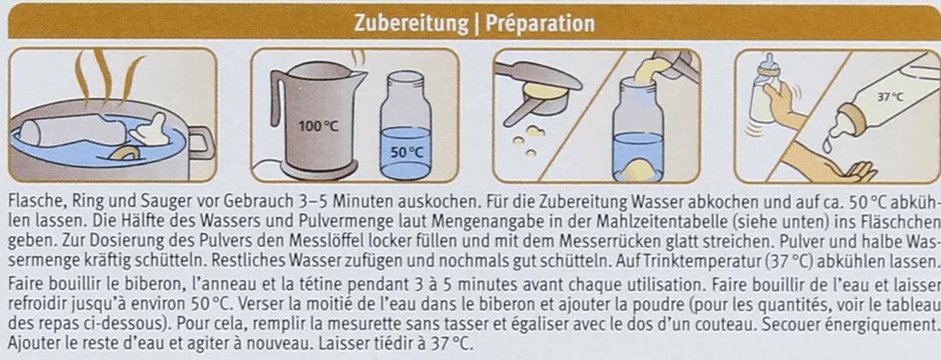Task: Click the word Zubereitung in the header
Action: pyautogui.click(x=412, y=24)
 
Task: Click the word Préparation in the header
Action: pyautogui.click(x=540, y=24)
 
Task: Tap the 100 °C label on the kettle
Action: pyautogui.click(x=318, y=127)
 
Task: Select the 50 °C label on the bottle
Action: pyautogui.click(x=407, y=152)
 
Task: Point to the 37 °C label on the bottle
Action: pyautogui.click(x=890, y=97)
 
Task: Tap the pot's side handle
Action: pyautogui.click(x=203, y=144)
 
